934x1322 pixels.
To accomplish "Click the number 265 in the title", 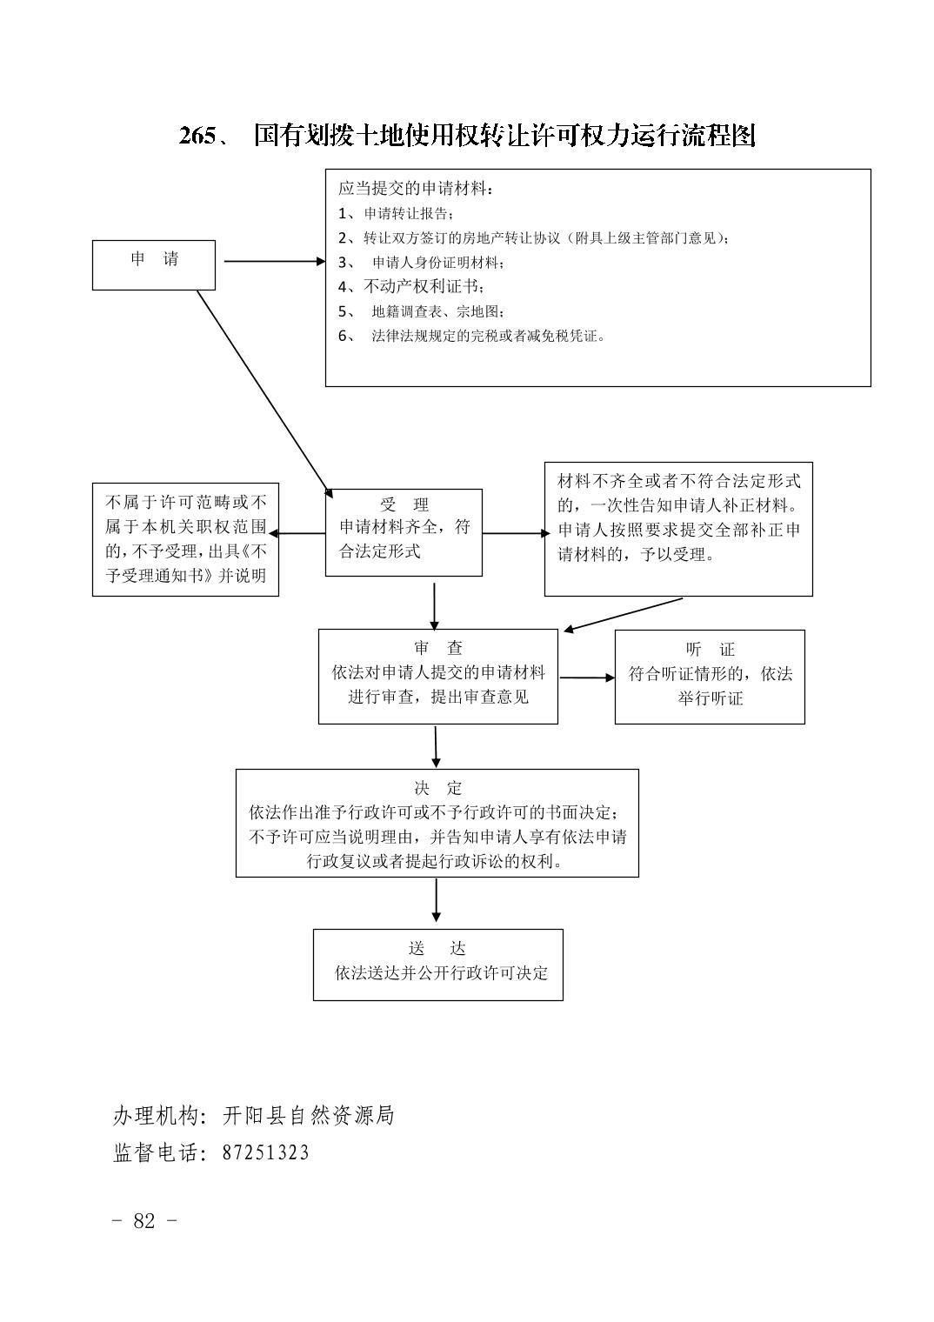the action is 197,137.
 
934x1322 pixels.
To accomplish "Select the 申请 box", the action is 153,265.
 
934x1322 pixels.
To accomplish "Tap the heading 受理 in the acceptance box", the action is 404,505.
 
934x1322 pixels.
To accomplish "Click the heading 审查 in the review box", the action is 437,648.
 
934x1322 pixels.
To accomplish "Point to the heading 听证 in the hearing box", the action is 710,650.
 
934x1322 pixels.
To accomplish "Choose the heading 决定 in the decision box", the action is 437,788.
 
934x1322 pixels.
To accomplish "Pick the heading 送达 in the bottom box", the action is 437,948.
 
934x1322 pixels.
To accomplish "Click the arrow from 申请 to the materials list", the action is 275,262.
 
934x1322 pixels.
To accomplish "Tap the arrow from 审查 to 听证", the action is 587,678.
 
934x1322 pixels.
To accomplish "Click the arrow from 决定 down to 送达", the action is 436,900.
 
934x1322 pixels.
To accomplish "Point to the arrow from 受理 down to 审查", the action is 435,607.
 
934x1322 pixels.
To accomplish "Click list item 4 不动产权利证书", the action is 410,287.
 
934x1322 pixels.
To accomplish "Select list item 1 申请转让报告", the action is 396,214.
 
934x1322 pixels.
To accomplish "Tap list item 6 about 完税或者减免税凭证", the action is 471,337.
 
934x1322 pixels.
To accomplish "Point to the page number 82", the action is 144,1220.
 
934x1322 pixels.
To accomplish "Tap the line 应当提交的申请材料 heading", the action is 416,189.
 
